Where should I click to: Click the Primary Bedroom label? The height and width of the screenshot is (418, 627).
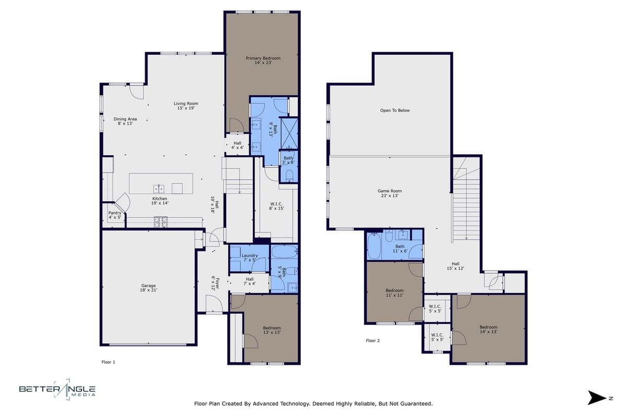263,61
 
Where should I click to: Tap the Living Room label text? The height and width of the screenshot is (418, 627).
186,106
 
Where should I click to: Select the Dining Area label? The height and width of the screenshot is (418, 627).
125,121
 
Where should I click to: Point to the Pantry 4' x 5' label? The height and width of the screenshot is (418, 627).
114,215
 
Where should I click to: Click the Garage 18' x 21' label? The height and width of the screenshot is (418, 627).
148,288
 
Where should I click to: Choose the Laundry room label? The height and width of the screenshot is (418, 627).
250,258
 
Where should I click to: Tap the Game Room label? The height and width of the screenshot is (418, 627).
390,193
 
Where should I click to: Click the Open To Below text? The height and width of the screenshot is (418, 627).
394,111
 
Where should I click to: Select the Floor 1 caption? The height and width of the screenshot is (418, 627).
108,362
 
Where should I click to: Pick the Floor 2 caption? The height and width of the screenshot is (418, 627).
373,341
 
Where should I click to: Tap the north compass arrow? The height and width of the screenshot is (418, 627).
596,398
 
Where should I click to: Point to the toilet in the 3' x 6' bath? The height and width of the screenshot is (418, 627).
289,175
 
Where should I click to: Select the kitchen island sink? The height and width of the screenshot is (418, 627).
159,188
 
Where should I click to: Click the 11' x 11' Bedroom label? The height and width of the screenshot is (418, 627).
394,293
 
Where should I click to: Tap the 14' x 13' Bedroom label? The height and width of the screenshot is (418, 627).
489,330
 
